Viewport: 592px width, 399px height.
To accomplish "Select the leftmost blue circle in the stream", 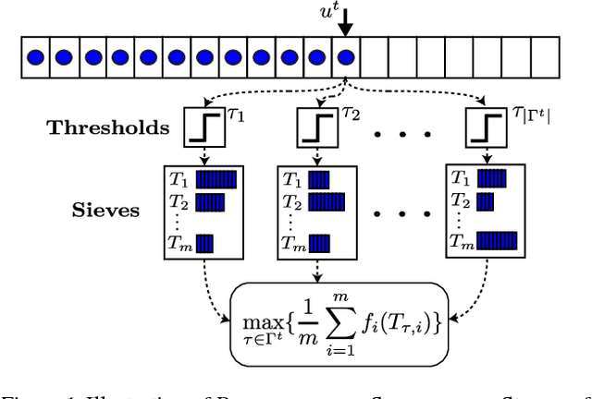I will click(34, 57).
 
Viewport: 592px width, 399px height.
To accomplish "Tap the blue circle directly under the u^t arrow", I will click(347, 57).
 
